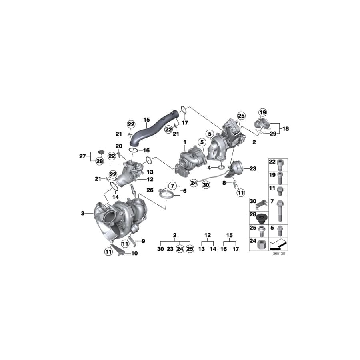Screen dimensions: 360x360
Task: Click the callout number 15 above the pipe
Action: tap(146, 119)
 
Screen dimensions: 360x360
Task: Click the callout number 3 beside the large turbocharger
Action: tap(83, 214)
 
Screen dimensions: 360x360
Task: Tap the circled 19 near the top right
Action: tap(262, 112)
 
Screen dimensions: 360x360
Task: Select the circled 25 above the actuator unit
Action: tap(241, 116)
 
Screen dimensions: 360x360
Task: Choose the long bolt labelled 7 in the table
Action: tap(278, 210)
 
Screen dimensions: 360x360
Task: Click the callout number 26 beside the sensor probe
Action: tap(150, 190)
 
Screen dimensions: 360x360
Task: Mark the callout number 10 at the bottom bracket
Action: tap(134, 253)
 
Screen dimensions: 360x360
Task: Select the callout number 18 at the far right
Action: tap(286, 129)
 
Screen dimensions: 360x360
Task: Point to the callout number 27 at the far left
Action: tap(82, 156)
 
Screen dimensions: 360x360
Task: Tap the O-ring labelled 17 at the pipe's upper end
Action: tap(183, 108)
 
